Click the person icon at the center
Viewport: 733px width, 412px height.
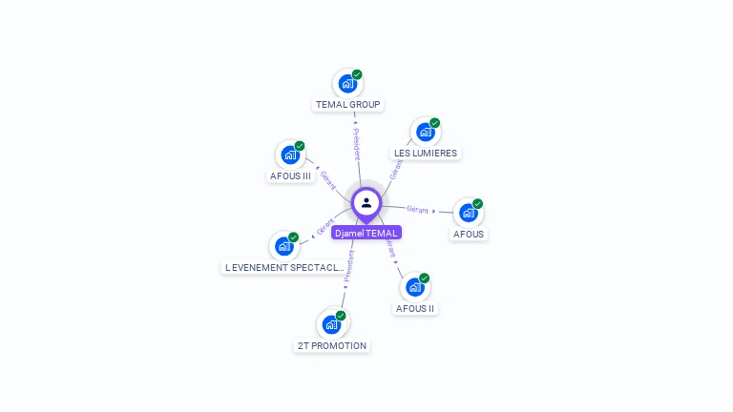point(366,203)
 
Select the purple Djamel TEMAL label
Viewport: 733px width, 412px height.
point(366,233)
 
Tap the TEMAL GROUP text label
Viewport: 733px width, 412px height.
point(347,105)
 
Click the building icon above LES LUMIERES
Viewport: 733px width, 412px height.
point(425,132)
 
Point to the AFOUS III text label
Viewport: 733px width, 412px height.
point(291,176)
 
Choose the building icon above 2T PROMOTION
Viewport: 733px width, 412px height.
point(331,324)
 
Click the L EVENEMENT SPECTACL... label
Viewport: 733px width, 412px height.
point(283,268)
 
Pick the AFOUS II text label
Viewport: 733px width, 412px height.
point(415,309)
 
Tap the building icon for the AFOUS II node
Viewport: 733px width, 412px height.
point(414,287)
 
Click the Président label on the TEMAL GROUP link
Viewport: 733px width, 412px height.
point(357,144)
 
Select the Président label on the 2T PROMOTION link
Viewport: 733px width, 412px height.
point(349,266)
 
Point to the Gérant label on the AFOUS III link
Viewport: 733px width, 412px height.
point(328,179)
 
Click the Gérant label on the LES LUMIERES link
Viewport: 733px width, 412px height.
point(396,169)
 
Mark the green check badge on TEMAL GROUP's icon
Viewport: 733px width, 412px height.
point(357,74)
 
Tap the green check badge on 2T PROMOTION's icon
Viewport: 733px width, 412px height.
point(341,316)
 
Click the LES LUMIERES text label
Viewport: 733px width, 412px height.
point(426,154)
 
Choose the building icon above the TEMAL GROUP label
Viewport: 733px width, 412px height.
point(347,84)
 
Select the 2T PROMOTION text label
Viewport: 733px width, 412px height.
point(331,346)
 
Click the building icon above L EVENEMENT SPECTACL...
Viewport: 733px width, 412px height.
point(283,246)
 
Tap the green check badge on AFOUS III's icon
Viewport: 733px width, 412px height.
point(300,146)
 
